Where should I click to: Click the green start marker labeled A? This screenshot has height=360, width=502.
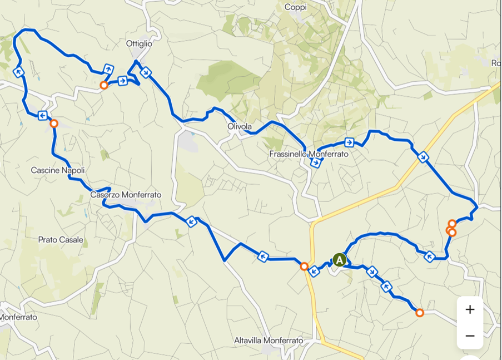pyautogui.click(x=339, y=259)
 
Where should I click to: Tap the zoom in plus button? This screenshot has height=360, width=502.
pyautogui.click(x=470, y=309)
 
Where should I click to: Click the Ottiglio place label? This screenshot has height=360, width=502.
pyautogui.click(x=139, y=43)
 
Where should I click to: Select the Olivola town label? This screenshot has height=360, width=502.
pyautogui.click(x=240, y=127)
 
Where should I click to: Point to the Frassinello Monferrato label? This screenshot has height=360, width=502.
pyautogui.click(x=309, y=154)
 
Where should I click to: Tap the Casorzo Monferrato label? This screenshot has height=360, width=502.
pyautogui.click(x=126, y=195)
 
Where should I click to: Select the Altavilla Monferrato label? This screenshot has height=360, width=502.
pyautogui.click(x=269, y=340)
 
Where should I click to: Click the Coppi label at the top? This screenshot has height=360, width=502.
pyautogui.click(x=295, y=7)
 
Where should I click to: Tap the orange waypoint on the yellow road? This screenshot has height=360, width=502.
pyautogui.click(x=304, y=267)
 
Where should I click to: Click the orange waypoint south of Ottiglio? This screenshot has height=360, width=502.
pyautogui.click(x=103, y=85)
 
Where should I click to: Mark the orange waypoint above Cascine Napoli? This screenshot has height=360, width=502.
pyautogui.click(x=54, y=124)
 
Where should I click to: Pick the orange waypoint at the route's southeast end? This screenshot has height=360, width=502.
pyautogui.click(x=420, y=313)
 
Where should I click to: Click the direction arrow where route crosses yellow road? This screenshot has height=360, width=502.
pyautogui.click(x=423, y=157)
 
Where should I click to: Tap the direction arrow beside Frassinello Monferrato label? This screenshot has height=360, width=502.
pyautogui.click(x=316, y=162)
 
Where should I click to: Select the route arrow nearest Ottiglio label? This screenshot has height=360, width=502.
pyautogui.click(x=146, y=72)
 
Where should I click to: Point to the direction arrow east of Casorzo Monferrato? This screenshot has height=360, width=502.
pyautogui.click(x=192, y=221)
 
